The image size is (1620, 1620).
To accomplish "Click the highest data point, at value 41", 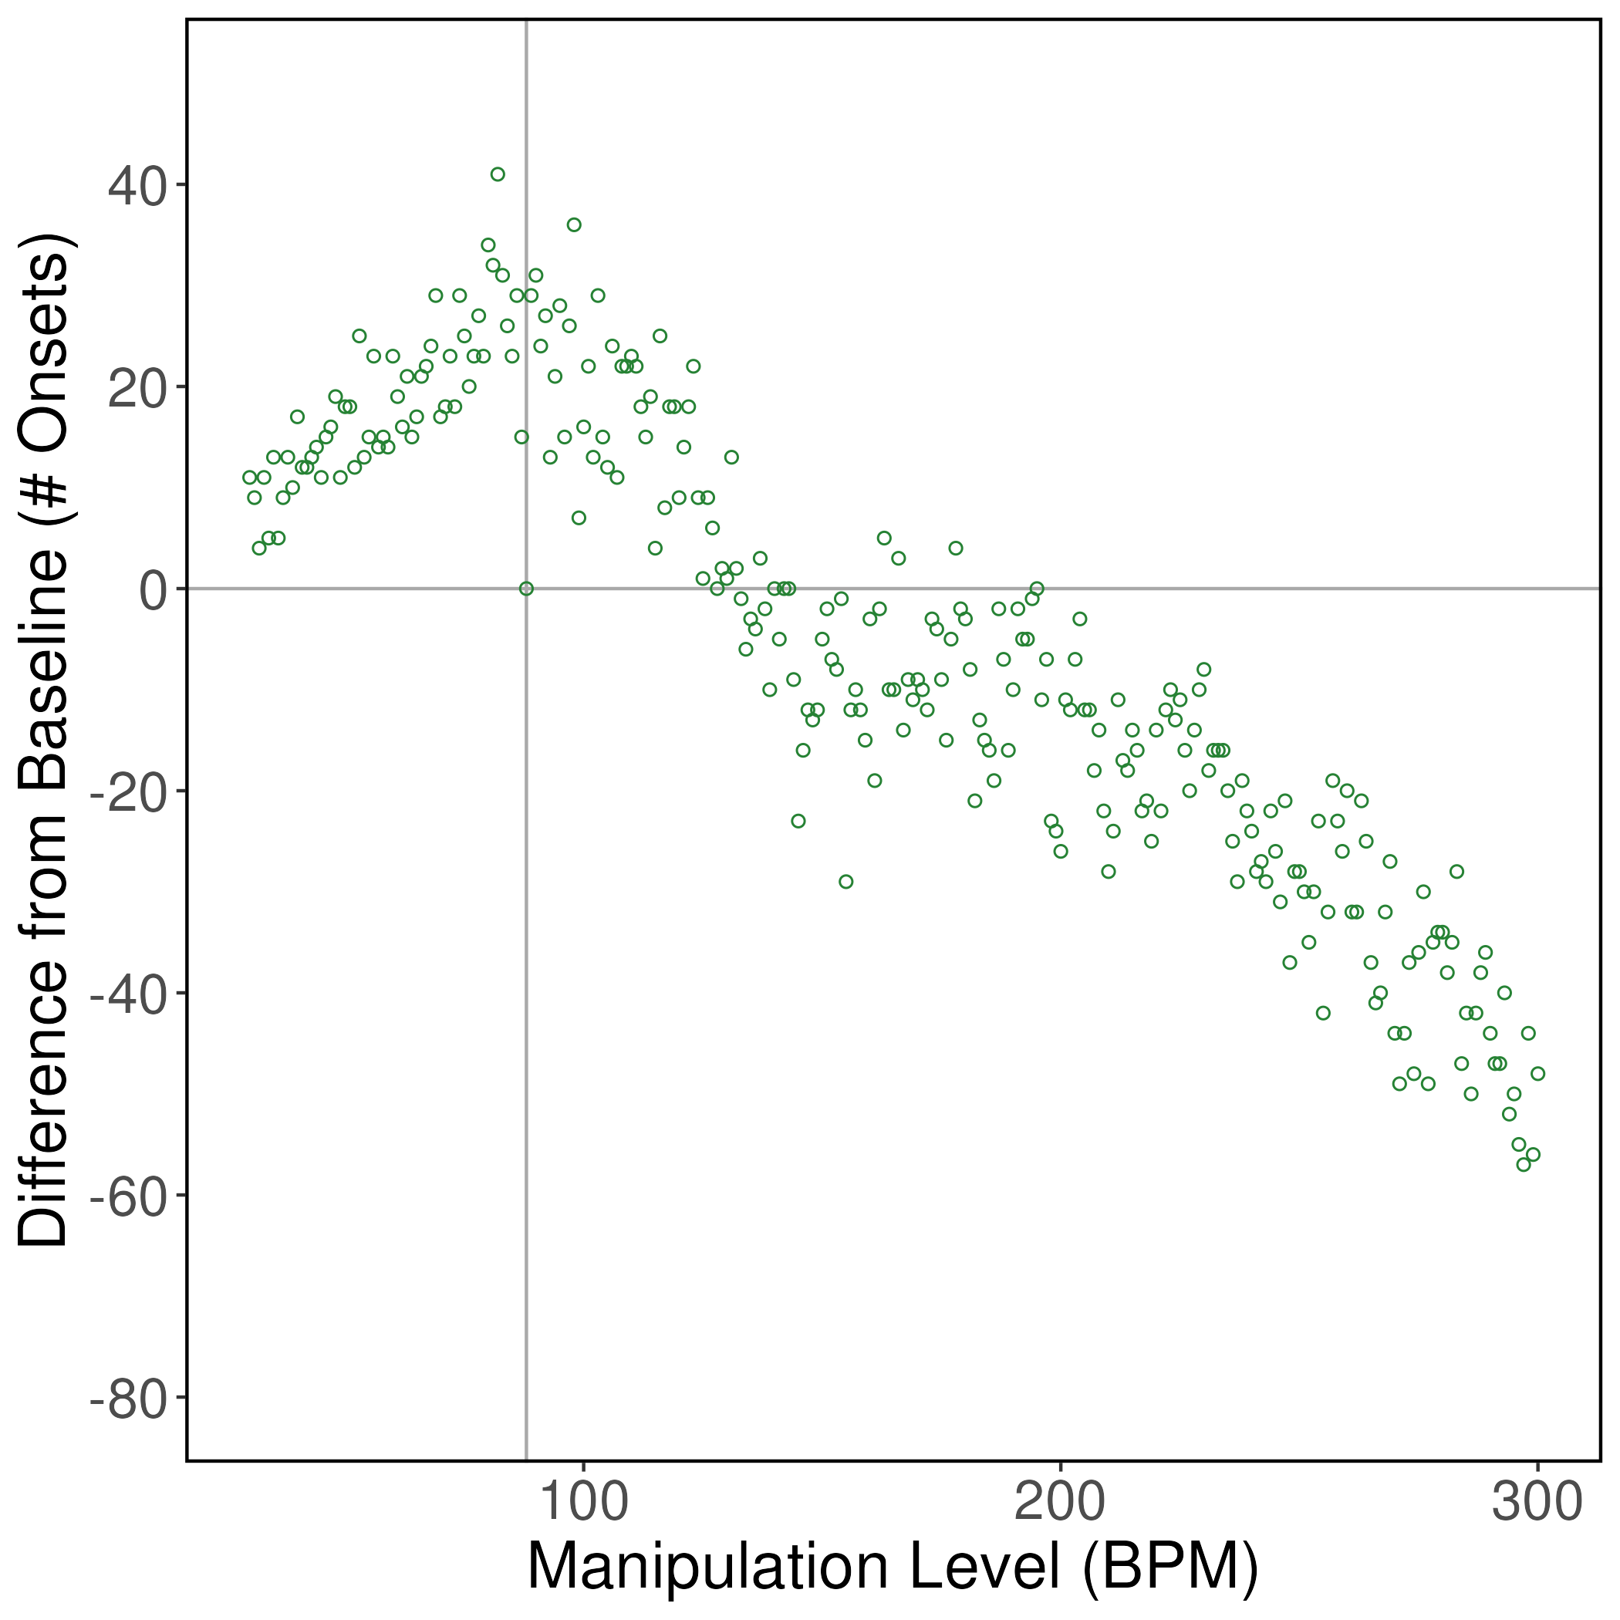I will pos(498,174).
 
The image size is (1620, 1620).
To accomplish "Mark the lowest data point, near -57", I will pos(1524,1165).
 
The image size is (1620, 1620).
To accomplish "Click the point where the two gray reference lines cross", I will pos(527,589).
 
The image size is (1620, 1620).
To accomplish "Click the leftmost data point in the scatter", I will pos(250,477).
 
